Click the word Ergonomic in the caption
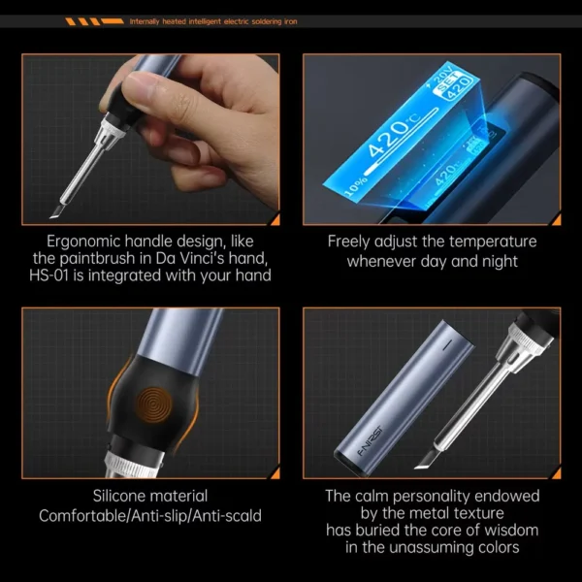pyautogui.click(x=82, y=242)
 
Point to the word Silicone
pyautogui.click(x=119, y=496)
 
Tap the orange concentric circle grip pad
pyautogui.click(x=154, y=405)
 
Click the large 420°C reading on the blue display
pyautogui.click(x=395, y=135)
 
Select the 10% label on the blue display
pyautogui.click(x=356, y=186)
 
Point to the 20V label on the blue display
pyautogui.click(x=441, y=77)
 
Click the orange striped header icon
pyautogui.click(x=94, y=21)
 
